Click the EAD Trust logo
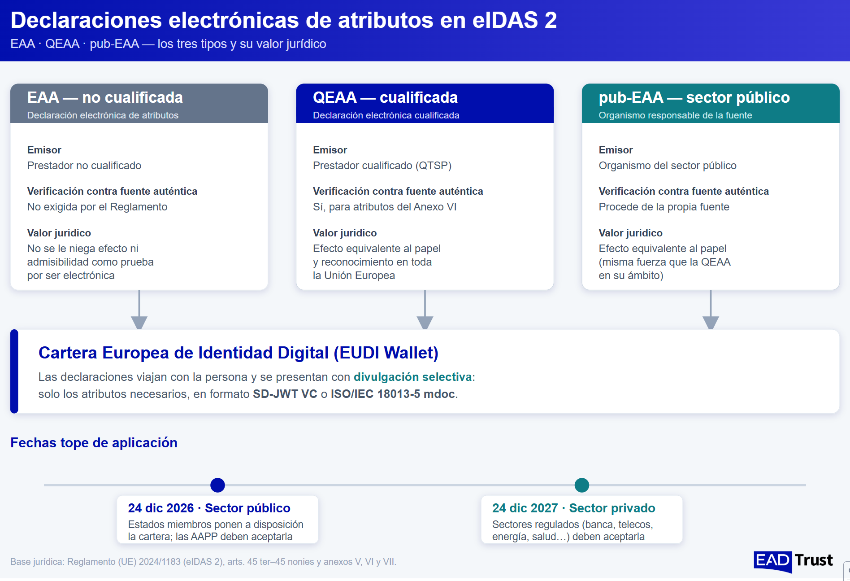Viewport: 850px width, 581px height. pyautogui.click(x=793, y=561)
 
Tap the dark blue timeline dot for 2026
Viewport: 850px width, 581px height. pyautogui.click(x=217, y=485)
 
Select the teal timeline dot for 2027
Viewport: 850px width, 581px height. pyautogui.click(x=582, y=485)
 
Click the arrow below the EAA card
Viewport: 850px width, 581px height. pyautogui.click(x=139, y=310)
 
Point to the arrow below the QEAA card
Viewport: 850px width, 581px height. pyautogui.click(x=425, y=310)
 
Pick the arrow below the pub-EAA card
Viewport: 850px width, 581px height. pyautogui.click(x=711, y=310)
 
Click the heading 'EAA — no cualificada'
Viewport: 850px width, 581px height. pyautogui.click(x=105, y=97)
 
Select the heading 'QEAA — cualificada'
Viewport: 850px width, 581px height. pyautogui.click(x=385, y=97)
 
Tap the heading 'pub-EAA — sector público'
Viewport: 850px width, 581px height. pyautogui.click(x=694, y=97)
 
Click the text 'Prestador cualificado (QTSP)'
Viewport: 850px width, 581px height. pyautogui.click(x=382, y=166)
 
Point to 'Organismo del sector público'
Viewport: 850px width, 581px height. pyautogui.click(x=668, y=166)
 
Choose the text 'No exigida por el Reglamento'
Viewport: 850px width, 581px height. pyautogui.click(x=97, y=207)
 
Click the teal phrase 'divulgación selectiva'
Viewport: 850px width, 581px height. pyautogui.click(x=413, y=377)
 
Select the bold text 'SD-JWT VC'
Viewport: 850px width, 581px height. pyautogui.click(x=285, y=394)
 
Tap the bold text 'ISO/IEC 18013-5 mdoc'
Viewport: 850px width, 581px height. pyautogui.click(x=393, y=394)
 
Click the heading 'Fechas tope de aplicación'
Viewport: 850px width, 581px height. pyautogui.click(x=94, y=443)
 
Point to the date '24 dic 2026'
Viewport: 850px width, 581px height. pyautogui.click(x=161, y=508)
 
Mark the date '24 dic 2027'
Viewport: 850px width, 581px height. pyautogui.click(x=525, y=508)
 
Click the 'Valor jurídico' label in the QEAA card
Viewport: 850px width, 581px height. pyautogui.click(x=345, y=233)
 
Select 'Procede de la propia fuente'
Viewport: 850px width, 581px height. pyautogui.click(x=664, y=207)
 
